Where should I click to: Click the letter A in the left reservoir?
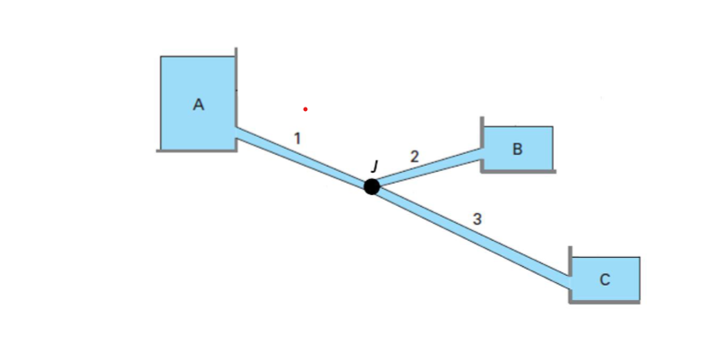(x=199, y=105)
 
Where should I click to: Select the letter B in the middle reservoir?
(x=517, y=149)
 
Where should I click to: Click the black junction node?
(x=372, y=186)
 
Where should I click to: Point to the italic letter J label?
(x=374, y=165)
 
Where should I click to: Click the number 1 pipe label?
(x=297, y=138)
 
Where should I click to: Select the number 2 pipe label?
(x=414, y=156)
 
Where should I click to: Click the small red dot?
(x=305, y=109)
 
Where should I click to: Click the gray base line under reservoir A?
(x=195, y=150)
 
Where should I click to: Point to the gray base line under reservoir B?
(x=518, y=172)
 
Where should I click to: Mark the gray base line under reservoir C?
(x=605, y=303)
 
